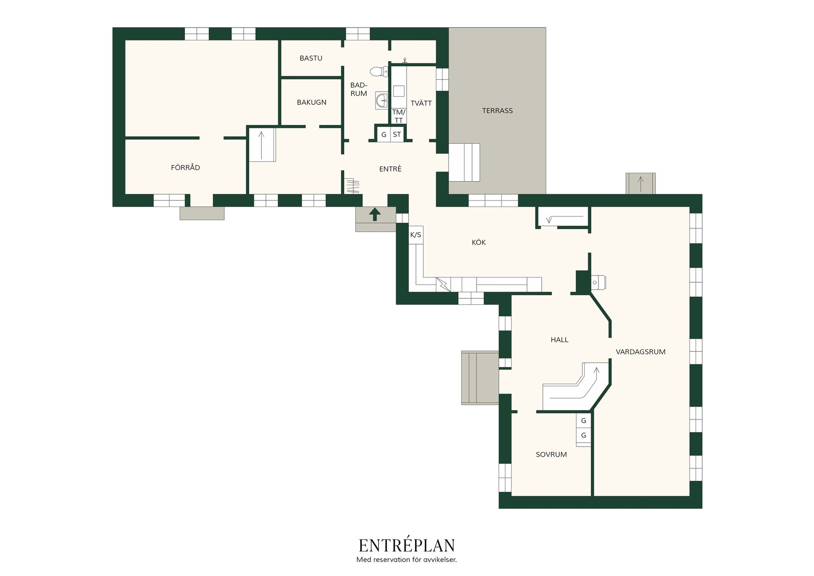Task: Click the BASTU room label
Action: (x=311, y=58)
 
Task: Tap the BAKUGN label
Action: (x=312, y=102)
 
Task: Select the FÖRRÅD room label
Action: (x=185, y=168)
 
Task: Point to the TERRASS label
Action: (x=497, y=111)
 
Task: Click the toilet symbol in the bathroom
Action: (x=379, y=71)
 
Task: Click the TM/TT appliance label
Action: (x=399, y=116)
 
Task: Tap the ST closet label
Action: (x=397, y=135)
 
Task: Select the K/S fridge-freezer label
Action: (x=415, y=235)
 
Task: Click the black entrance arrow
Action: (x=374, y=214)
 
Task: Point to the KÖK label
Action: (x=479, y=242)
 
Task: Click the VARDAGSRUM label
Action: (x=641, y=352)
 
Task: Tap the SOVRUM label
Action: (x=551, y=455)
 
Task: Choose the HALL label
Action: (x=559, y=340)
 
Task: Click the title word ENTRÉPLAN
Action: (x=407, y=545)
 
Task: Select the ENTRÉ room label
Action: (x=390, y=169)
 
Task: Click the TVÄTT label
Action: (x=421, y=103)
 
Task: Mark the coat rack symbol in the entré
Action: (x=352, y=186)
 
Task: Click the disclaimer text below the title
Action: (x=407, y=560)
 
